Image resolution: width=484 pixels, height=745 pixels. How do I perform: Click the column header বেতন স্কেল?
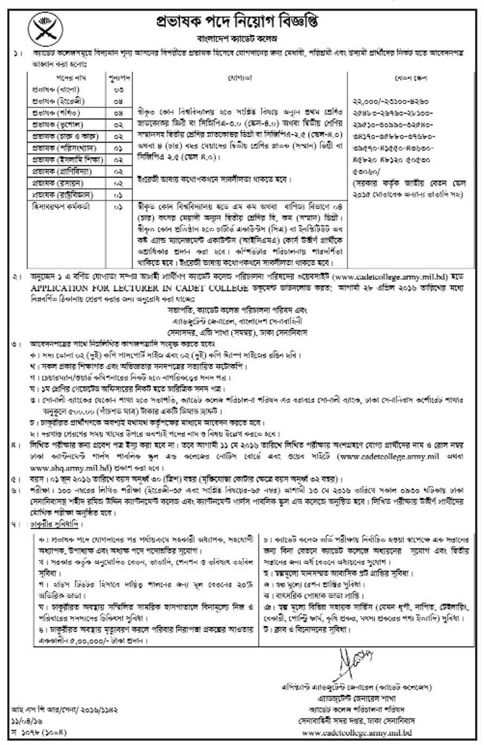coord(411,78)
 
